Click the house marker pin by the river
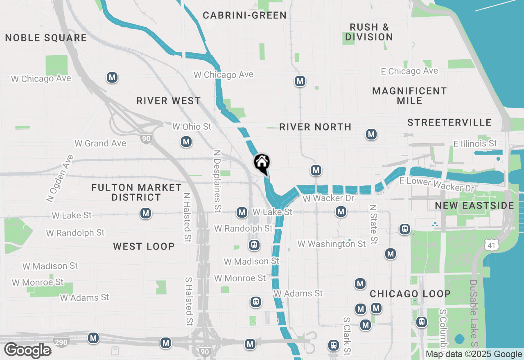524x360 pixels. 262,163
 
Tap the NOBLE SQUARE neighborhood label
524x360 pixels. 46,38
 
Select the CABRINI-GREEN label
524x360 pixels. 245,16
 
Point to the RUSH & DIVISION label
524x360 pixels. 369,32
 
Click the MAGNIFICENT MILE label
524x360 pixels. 409,96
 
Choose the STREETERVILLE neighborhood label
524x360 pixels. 449,122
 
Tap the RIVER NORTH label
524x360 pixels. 315,127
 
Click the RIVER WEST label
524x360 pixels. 169,101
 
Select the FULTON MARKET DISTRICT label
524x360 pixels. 136,192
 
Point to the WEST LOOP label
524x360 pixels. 144,246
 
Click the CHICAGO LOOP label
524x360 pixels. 410,294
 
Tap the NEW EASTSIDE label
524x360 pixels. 474,205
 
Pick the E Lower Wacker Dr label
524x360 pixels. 437,184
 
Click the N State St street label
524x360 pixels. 373,225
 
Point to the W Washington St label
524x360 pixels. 332,244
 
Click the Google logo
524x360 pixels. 27,351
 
